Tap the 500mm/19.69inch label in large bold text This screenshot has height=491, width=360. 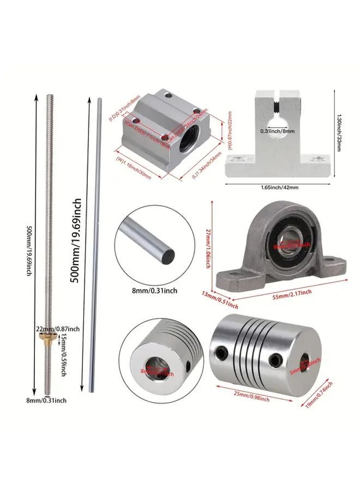tap(77, 239)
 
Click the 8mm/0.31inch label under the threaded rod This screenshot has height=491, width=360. tap(49, 400)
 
